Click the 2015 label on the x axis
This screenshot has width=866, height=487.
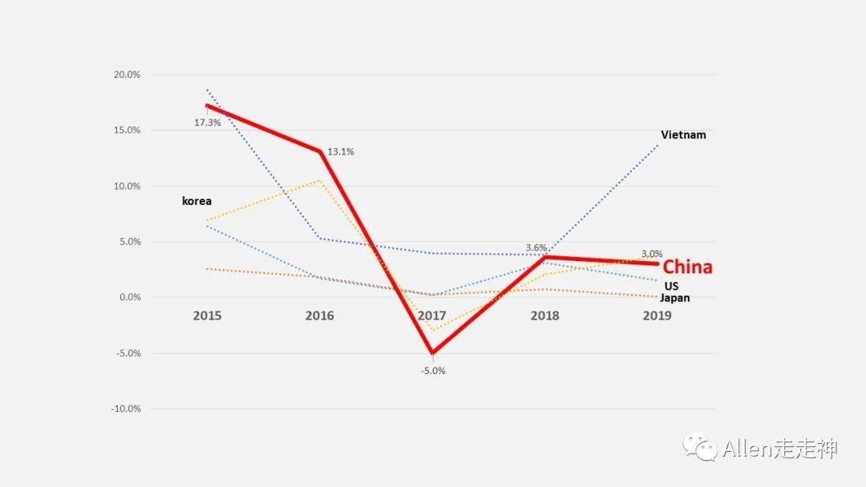click(207, 316)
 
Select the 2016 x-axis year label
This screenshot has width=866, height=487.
click(319, 316)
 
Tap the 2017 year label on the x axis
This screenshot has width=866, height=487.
click(432, 316)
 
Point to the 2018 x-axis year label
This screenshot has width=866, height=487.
click(544, 316)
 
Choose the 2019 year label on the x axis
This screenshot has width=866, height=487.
click(657, 316)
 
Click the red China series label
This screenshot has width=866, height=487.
click(687, 268)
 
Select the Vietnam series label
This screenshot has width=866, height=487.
click(683, 135)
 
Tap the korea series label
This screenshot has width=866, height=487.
click(196, 201)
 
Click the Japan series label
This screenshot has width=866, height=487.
click(674, 298)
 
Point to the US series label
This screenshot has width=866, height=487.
click(671, 286)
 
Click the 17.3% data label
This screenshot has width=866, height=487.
click(207, 123)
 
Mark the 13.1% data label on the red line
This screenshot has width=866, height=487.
click(341, 151)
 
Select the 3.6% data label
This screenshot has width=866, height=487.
click(536, 248)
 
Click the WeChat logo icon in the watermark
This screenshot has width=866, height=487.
click(699, 448)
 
